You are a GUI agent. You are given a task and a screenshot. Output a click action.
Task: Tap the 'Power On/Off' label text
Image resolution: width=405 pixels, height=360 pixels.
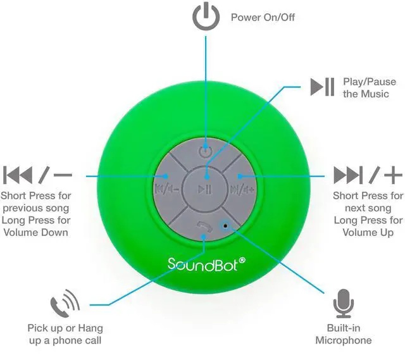pyautogui.click(x=263, y=17)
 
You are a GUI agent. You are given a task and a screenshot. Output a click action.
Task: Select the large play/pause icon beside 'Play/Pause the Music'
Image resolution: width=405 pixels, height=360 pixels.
pyautogui.click(x=322, y=87)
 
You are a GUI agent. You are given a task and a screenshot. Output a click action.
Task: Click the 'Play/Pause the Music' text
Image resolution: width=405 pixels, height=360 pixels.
pyautogui.click(x=370, y=88)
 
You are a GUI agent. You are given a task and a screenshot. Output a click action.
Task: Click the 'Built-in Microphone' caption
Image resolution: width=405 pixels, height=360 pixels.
pyautogui.click(x=344, y=335)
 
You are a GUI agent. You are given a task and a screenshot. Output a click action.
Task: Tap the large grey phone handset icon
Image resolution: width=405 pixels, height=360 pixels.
pyautogui.click(x=65, y=304)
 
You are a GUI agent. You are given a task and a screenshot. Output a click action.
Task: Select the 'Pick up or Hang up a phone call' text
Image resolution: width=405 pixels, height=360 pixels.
pyautogui.click(x=65, y=335)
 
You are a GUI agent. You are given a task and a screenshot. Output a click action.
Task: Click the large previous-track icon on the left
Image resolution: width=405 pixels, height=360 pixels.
pyautogui.click(x=18, y=175)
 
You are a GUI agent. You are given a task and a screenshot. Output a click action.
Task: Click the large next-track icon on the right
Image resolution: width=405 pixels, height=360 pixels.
pyautogui.click(x=348, y=175)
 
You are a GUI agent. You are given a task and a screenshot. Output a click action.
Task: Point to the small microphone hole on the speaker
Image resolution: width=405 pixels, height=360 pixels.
pyautogui.click(x=225, y=225)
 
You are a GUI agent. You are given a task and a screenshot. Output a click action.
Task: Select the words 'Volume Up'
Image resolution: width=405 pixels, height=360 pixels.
pyautogui.click(x=368, y=232)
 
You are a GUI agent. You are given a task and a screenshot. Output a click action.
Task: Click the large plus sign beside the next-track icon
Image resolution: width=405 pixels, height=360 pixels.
pyautogui.click(x=393, y=175)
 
